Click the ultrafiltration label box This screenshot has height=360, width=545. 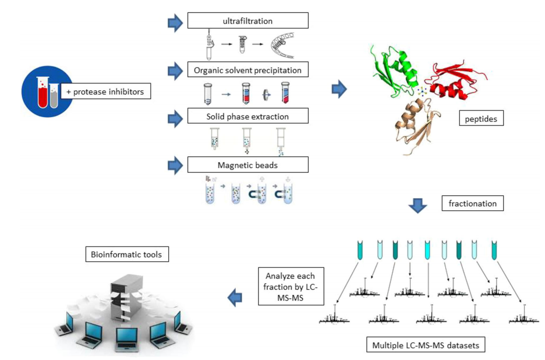click(248, 20)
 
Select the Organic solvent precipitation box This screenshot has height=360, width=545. click(248, 70)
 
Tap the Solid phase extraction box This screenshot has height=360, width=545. click(248, 116)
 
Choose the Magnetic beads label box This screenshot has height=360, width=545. click(248, 165)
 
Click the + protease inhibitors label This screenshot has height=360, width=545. click(105, 92)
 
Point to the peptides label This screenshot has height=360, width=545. click(481, 119)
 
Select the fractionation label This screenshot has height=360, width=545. click(472, 204)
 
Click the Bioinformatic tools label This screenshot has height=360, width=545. click(126, 255)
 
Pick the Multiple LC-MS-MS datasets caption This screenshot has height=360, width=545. click(426, 345)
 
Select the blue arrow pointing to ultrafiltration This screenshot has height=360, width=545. click(175, 23)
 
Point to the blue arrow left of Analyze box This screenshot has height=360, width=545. click(234, 298)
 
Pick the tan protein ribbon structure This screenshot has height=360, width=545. click(413, 126)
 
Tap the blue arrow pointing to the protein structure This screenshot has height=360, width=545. click(339, 89)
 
